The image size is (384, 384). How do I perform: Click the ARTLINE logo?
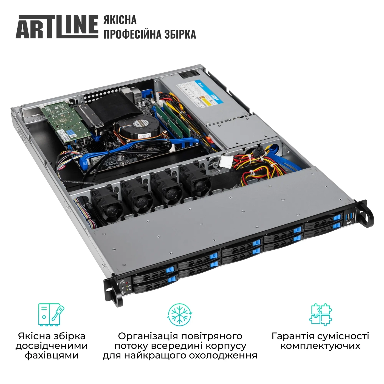coord(57,27)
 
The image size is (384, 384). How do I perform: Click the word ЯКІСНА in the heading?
coord(120,20)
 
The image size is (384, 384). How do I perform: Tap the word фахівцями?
coord(52,355)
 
